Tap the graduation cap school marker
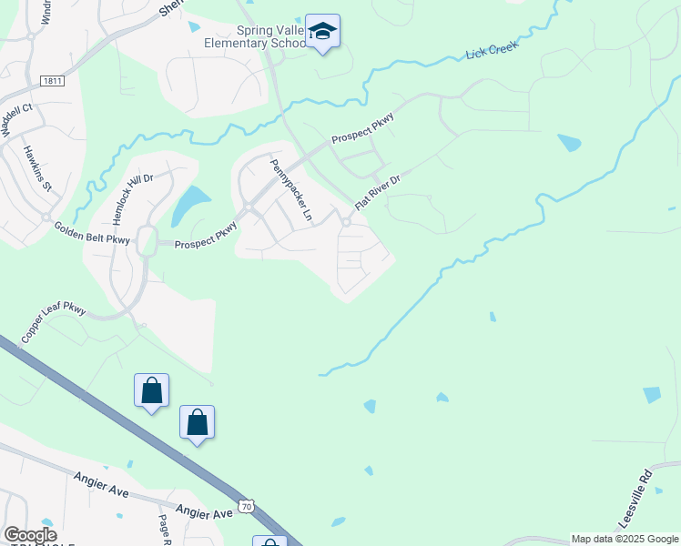coord(322,33)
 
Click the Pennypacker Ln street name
coord(290,190)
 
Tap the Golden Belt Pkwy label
coord(91,233)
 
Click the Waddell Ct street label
coord(16,119)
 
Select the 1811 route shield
coord(52,82)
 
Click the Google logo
coord(29,535)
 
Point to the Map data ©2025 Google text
coord(625,539)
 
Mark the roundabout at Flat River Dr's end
coord(347,223)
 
